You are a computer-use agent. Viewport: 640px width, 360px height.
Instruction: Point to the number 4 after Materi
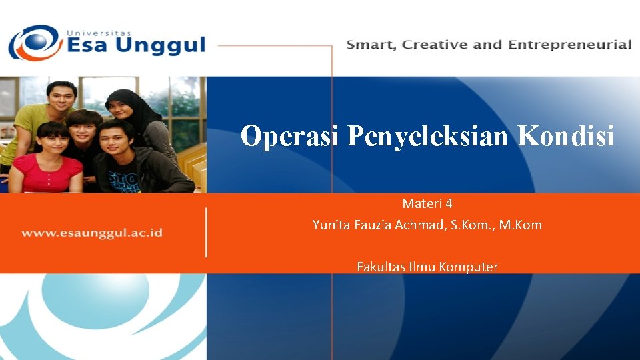click(449, 203)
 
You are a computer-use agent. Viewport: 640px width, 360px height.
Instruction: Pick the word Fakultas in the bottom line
click(379, 267)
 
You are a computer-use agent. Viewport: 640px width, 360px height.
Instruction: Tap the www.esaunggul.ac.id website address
click(92, 233)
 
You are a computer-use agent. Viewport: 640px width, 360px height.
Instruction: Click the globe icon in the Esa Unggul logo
click(33, 43)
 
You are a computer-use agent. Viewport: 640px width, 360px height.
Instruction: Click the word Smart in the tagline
click(370, 45)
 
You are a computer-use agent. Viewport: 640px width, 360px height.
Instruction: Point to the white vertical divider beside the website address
click(206, 232)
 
